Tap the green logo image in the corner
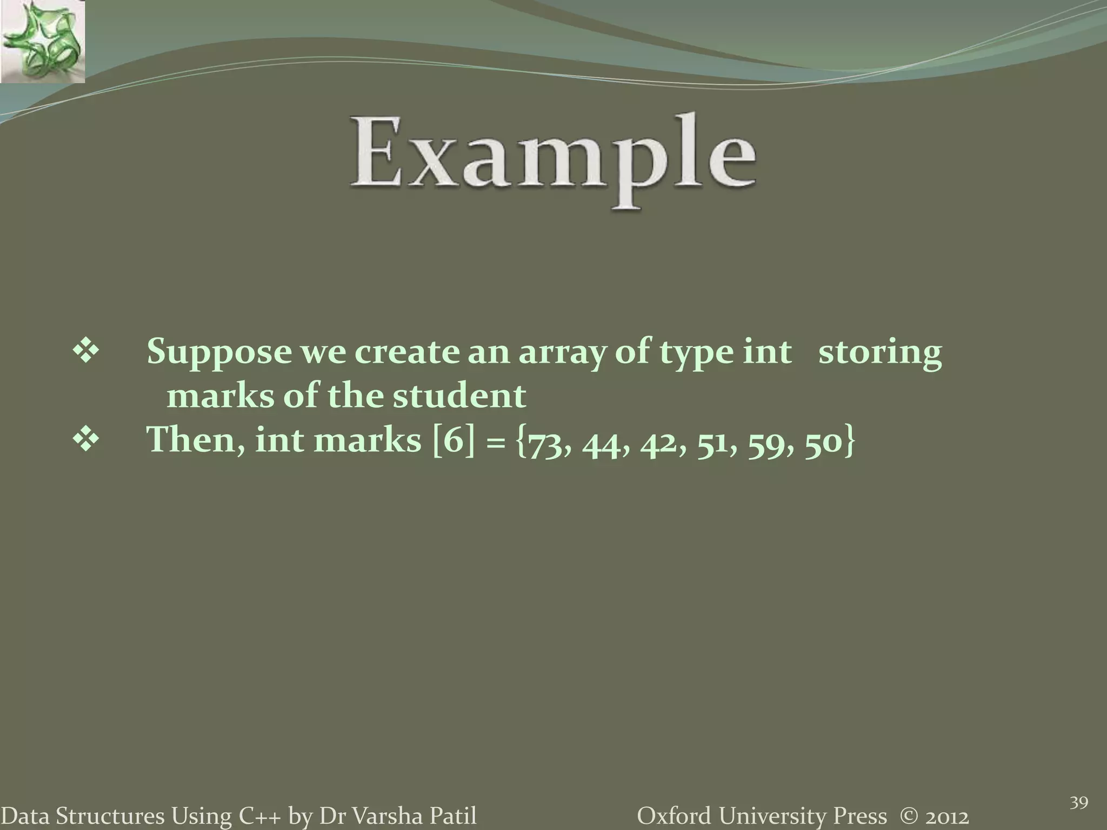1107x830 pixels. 43,42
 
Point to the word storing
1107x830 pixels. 880,352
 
